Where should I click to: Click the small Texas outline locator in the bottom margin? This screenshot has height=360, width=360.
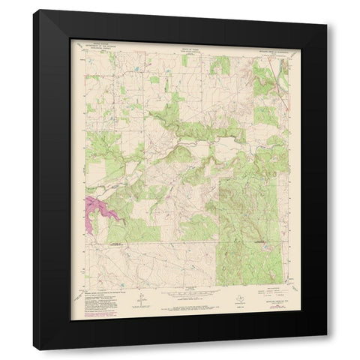click(171, 295)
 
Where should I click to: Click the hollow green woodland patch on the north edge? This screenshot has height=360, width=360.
click(220, 66)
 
